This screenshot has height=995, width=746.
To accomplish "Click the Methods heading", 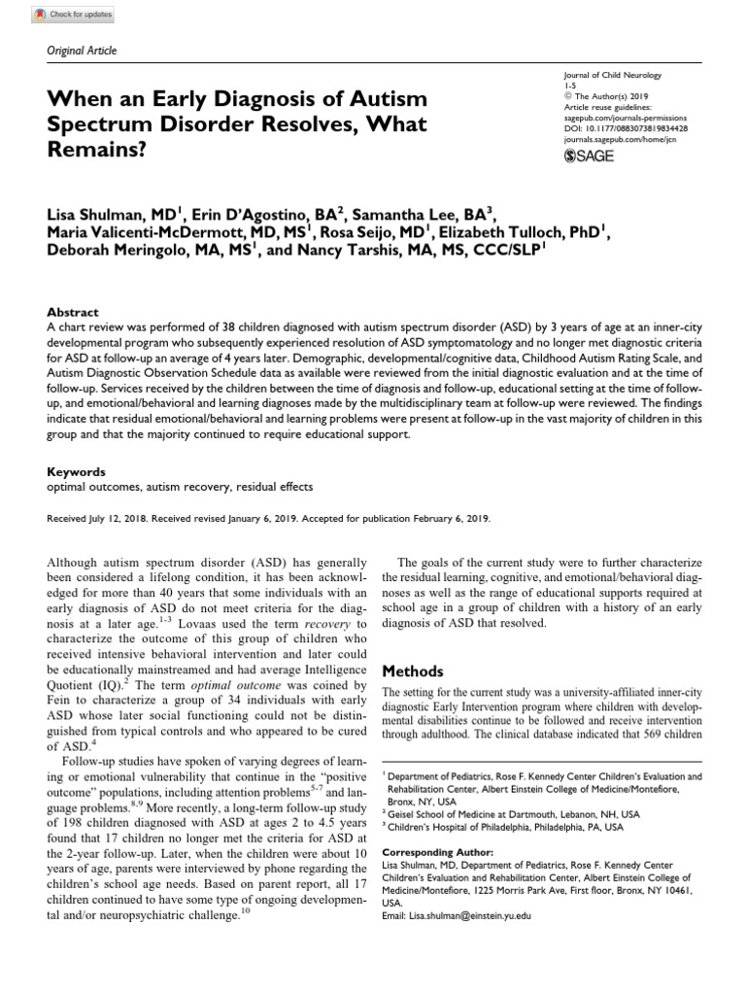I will pos(411,671).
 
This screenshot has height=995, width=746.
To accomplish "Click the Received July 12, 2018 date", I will pos(96,519).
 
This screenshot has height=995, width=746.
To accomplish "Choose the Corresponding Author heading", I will pos(437,852).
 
